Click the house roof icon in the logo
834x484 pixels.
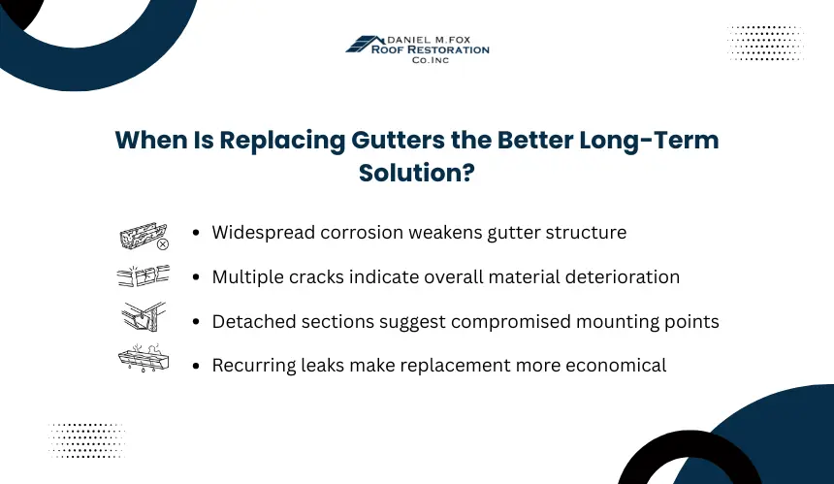coord(365,45)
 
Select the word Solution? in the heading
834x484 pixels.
coord(417,173)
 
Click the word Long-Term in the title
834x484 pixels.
coord(649,141)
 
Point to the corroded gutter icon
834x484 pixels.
coord(144,236)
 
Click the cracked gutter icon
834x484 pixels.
coord(144,275)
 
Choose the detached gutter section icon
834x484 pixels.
coord(144,316)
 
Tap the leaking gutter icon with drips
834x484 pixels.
coord(144,357)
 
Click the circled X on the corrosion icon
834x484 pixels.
coord(163,244)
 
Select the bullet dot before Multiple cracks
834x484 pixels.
coord(196,277)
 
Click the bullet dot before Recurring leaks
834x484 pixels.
coord(196,366)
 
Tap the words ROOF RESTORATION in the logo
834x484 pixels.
coord(431,49)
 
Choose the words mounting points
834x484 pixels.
coord(647,322)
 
